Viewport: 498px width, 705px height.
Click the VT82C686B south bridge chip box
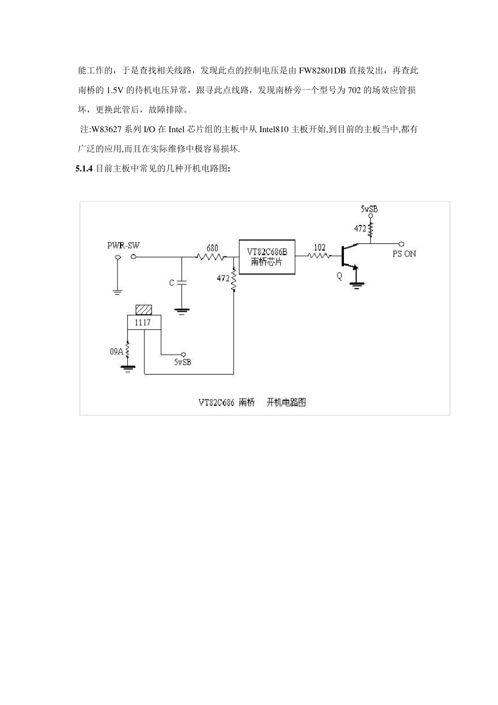(267, 257)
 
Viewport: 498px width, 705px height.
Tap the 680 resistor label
(212, 248)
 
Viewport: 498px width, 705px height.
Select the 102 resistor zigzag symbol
(319, 257)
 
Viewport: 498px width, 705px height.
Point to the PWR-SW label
(123, 245)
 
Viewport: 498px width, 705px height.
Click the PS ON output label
(404, 254)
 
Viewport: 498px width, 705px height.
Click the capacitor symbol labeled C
(181, 283)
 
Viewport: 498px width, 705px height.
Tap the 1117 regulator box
(144, 322)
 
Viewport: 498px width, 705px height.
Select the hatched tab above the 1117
(144, 309)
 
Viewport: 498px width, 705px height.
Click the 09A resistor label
(116, 351)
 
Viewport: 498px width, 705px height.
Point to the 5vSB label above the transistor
(369, 209)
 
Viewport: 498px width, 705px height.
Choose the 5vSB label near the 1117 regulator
(182, 362)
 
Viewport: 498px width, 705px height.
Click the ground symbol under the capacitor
(181, 312)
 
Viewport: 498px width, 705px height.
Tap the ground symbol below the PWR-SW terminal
(117, 292)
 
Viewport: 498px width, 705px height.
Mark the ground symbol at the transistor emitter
(356, 285)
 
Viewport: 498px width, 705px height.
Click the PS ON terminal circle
(401, 244)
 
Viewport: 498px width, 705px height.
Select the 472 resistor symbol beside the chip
(233, 280)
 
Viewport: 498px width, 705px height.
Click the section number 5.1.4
(84, 169)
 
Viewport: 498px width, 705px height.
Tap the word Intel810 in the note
(274, 130)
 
